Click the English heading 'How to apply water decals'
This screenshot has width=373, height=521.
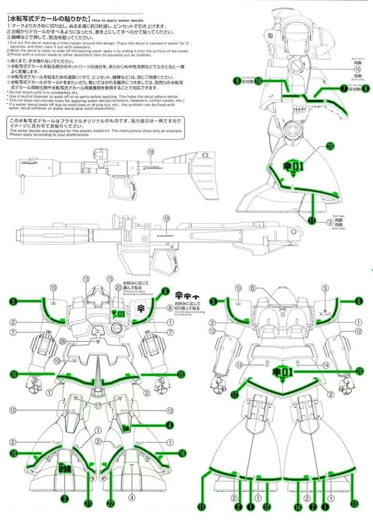(118, 20)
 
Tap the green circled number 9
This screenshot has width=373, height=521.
(237, 81)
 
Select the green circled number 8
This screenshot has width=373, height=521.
(366, 88)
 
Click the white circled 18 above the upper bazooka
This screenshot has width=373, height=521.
(151, 152)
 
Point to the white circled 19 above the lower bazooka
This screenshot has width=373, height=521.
(166, 218)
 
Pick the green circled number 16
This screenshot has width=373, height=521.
(14, 374)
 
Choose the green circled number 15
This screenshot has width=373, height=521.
(181, 374)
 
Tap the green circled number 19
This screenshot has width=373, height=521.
(14, 453)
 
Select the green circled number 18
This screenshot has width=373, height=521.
(182, 453)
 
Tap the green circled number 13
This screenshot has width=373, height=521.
(353, 504)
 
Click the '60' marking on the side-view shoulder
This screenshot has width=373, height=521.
(270, 36)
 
